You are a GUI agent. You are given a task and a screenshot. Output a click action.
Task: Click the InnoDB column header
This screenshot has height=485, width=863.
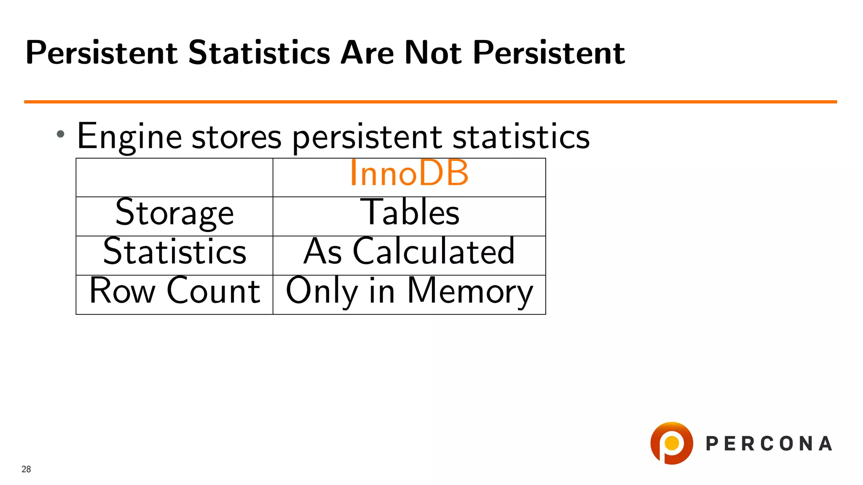(409, 173)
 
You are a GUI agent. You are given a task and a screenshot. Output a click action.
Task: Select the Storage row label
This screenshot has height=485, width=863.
(174, 213)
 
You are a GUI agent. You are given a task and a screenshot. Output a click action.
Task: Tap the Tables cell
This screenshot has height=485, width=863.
(409, 213)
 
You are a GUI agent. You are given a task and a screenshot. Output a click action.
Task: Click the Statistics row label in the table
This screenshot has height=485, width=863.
(174, 252)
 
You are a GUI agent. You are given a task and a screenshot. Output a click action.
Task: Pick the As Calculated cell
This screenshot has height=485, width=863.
(409, 252)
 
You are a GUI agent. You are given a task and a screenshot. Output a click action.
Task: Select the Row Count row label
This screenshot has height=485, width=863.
(174, 291)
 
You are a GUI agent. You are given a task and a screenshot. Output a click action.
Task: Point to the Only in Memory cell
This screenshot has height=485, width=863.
(409, 291)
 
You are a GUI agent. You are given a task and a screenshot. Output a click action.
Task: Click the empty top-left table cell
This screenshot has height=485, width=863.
(174, 178)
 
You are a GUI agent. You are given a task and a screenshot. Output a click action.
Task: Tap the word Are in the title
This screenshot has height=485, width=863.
(367, 53)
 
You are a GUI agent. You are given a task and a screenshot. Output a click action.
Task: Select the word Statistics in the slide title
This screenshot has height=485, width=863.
(259, 53)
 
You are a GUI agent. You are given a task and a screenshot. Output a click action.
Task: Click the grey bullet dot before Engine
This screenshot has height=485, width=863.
(61, 134)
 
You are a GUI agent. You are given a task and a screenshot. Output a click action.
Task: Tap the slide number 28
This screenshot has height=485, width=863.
(26, 469)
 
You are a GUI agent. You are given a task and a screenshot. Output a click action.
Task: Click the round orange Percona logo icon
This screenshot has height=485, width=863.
(671, 443)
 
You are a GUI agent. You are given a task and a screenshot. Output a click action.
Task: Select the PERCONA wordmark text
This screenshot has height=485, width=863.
(769, 444)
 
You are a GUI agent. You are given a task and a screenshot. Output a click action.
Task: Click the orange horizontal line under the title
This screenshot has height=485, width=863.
(430, 102)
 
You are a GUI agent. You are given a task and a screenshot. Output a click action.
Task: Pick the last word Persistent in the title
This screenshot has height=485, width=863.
(549, 53)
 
